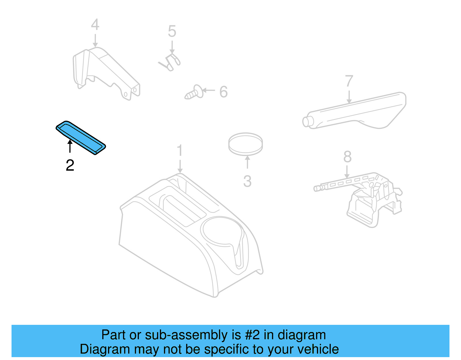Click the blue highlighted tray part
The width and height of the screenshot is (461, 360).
(x=81, y=137)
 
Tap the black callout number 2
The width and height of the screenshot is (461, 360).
(x=70, y=165)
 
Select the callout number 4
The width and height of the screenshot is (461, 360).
(x=95, y=25)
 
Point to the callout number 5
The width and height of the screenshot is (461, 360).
(x=172, y=31)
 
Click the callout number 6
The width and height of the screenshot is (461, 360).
(x=223, y=92)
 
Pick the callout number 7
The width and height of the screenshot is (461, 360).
(x=349, y=81)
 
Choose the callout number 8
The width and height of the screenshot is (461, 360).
(x=347, y=157)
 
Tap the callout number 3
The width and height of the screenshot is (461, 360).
(x=247, y=182)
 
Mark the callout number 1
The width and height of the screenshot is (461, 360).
(x=180, y=151)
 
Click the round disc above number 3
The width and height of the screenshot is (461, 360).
(x=245, y=144)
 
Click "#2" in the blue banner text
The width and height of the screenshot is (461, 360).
(x=252, y=335)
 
